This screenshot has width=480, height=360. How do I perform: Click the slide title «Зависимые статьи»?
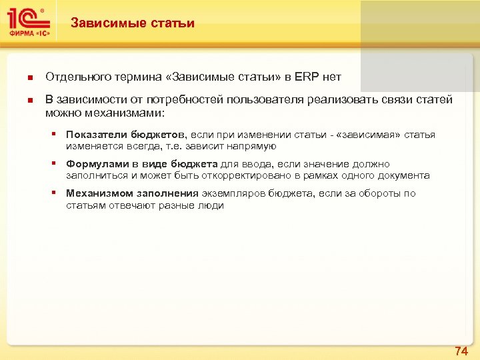pyautogui.click(x=133, y=23)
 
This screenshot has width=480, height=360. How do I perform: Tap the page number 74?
pyautogui.click(x=461, y=351)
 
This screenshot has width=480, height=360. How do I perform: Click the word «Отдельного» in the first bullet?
pyautogui.click(x=75, y=77)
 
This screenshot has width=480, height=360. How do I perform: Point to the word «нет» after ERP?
pyautogui.click(x=331, y=77)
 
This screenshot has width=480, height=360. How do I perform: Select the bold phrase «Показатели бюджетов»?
pyautogui.click(x=126, y=135)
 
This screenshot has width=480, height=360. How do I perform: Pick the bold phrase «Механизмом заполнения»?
pyautogui.click(x=132, y=193)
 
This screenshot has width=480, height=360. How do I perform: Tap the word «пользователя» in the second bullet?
pyautogui.click(x=265, y=100)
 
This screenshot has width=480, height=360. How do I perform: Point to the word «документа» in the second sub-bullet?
pyautogui.click(x=406, y=175)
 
